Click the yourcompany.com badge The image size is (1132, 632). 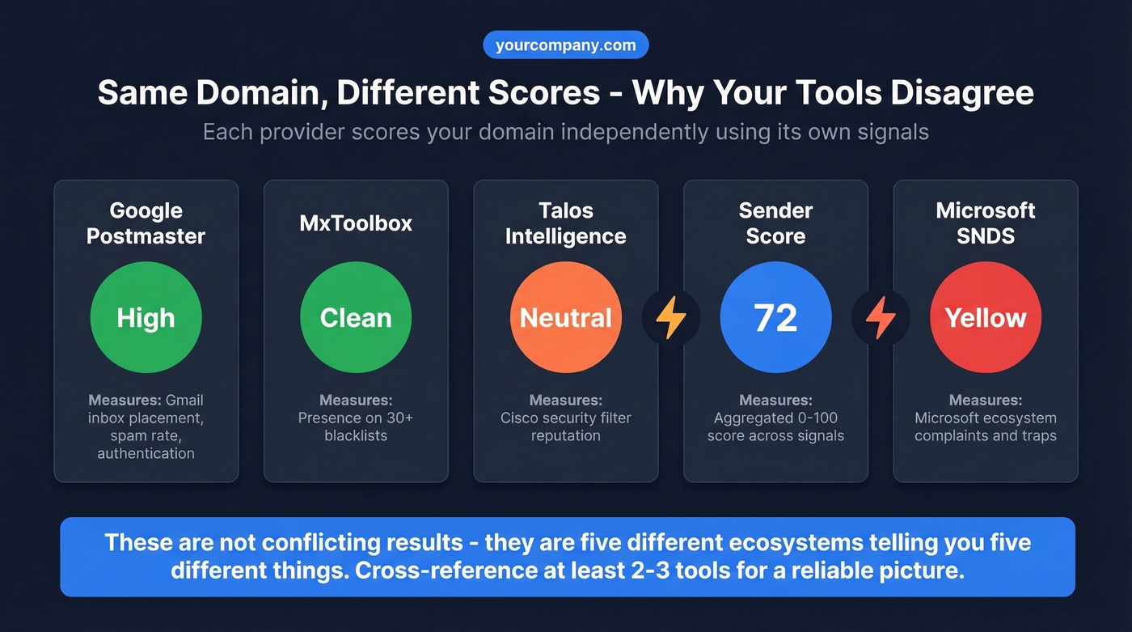pyautogui.click(x=565, y=45)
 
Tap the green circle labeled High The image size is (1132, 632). pyautogui.click(x=146, y=317)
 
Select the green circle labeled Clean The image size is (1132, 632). pyautogui.click(x=356, y=317)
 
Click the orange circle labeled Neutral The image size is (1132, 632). pyautogui.click(x=565, y=317)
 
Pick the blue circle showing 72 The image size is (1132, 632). pyautogui.click(x=775, y=317)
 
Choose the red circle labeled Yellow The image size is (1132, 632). pyautogui.click(x=986, y=317)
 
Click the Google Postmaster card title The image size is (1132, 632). pyautogui.click(x=146, y=223)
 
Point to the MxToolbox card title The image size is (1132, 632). pyautogui.click(x=356, y=223)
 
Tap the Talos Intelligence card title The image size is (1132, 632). pyautogui.click(x=565, y=223)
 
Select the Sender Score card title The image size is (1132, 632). pyautogui.click(x=775, y=223)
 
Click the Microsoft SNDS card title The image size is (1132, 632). pyautogui.click(x=986, y=223)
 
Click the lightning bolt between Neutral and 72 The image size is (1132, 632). pyautogui.click(x=670, y=318)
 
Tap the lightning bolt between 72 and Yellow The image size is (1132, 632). pyautogui.click(x=881, y=318)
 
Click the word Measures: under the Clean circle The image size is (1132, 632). pyautogui.click(x=356, y=400)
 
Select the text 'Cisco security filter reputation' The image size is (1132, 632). pyautogui.click(x=565, y=426)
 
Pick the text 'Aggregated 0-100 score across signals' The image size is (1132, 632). pyautogui.click(x=775, y=426)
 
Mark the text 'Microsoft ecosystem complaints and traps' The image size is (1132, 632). pyautogui.click(x=986, y=426)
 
